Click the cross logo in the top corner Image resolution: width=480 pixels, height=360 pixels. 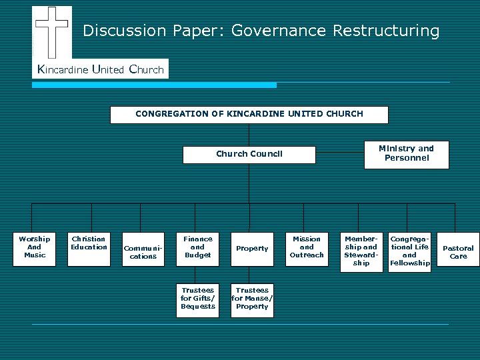click(x=52, y=31)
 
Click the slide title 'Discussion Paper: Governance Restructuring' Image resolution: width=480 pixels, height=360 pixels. click(x=261, y=31)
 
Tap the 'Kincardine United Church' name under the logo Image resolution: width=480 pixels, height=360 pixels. click(x=101, y=69)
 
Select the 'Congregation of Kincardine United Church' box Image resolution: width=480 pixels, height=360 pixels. click(x=249, y=114)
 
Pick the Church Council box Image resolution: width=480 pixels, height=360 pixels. click(x=249, y=154)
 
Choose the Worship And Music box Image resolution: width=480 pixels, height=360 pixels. click(x=35, y=248)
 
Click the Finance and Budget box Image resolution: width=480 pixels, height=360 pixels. click(x=197, y=248)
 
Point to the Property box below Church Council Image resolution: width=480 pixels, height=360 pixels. click(x=252, y=249)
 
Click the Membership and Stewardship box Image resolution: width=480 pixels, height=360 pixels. click(x=361, y=251)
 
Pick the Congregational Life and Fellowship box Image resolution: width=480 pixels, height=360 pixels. click(x=409, y=251)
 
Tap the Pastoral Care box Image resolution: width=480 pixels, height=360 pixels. click(x=458, y=252)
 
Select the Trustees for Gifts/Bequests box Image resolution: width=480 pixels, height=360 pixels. click(x=197, y=299)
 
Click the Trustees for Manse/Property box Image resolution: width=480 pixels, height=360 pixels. click(x=252, y=299)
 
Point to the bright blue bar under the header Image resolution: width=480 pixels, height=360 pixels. click(x=154, y=85)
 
